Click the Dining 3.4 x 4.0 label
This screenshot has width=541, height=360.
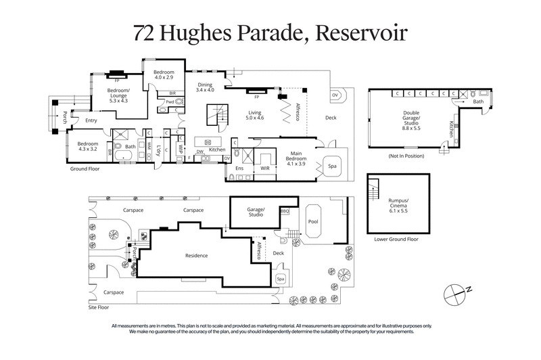coord(204,86)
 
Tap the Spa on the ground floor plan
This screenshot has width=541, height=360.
coord(333,166)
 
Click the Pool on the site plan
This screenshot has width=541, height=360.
coord(312,221)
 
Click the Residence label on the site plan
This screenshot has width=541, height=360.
coord(196,255)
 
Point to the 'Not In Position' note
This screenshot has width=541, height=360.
coord(406,157)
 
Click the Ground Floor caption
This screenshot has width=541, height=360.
coord(86,170)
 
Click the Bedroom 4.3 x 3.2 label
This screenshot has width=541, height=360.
coord(88,147)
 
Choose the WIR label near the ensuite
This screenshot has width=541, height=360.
coord(264,167)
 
